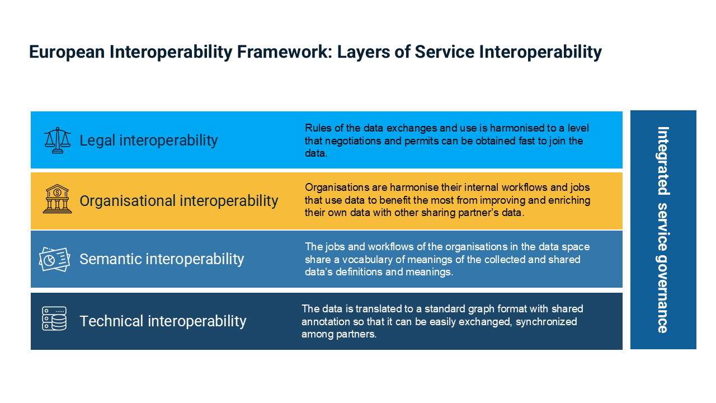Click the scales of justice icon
[x=58, y=140]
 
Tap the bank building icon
[x=57, y=199]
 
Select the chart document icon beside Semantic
[x=54, y=259]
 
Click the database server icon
[x=54, y=318]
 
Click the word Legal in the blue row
[x=97, y=140]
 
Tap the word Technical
[x=111, y=321]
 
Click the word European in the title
[x=67, y=52]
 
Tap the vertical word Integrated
[x=663, y=161]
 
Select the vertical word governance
[x=662, y=294]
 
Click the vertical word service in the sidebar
[x=663, y=227]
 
